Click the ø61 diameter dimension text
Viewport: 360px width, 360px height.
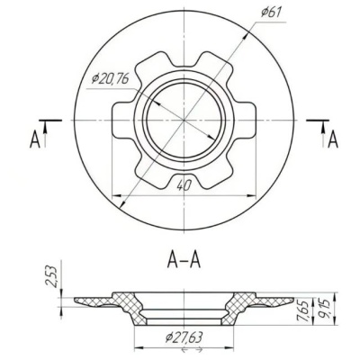271,13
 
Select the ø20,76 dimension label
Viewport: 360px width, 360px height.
111,79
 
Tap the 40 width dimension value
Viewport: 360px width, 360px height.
184,186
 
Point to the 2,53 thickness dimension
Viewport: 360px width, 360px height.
53,276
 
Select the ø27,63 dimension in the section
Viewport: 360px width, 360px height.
184,338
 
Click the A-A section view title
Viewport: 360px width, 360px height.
184,260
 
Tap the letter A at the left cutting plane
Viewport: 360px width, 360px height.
35,140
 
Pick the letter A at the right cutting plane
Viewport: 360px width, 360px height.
333,140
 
